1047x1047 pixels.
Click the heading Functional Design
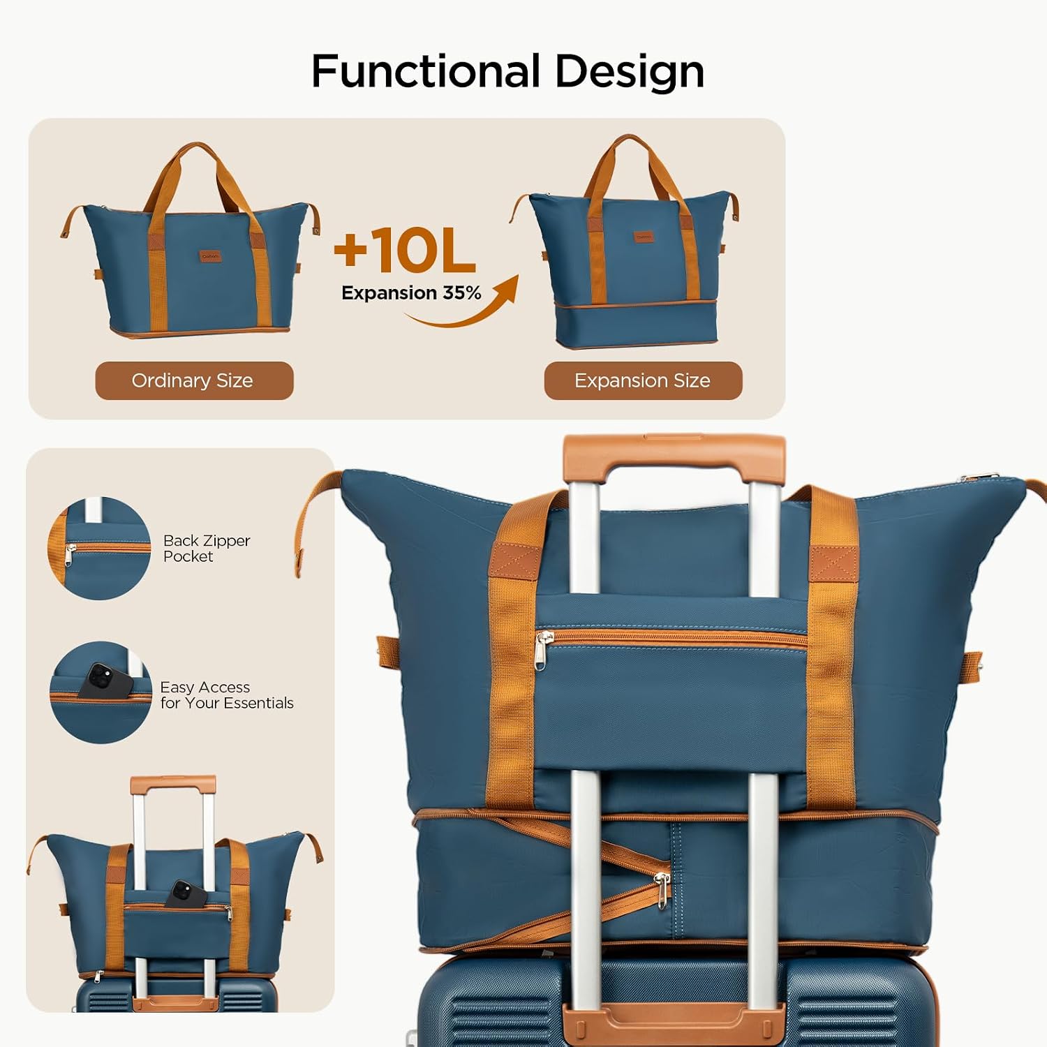pyautogui.click(x=507, y=71)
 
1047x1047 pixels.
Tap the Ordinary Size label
pyautogui.click(x=194, y=380)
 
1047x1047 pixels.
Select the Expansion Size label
pyautogui.click(x=643, y=380)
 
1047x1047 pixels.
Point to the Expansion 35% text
pyautogui.click(x=411, y=292)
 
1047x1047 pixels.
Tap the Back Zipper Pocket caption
pyautogui.click(x=207, y=548)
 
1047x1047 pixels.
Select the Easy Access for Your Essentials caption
pyautogui.click(x=227, y=695)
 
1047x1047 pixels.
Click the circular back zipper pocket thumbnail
pyautogui.click(x=100, y=548)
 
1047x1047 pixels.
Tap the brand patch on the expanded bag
pyautogui.click(x=644, y=237)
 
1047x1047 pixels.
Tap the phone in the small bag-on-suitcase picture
pyautogui.click(x=184, y=893)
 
